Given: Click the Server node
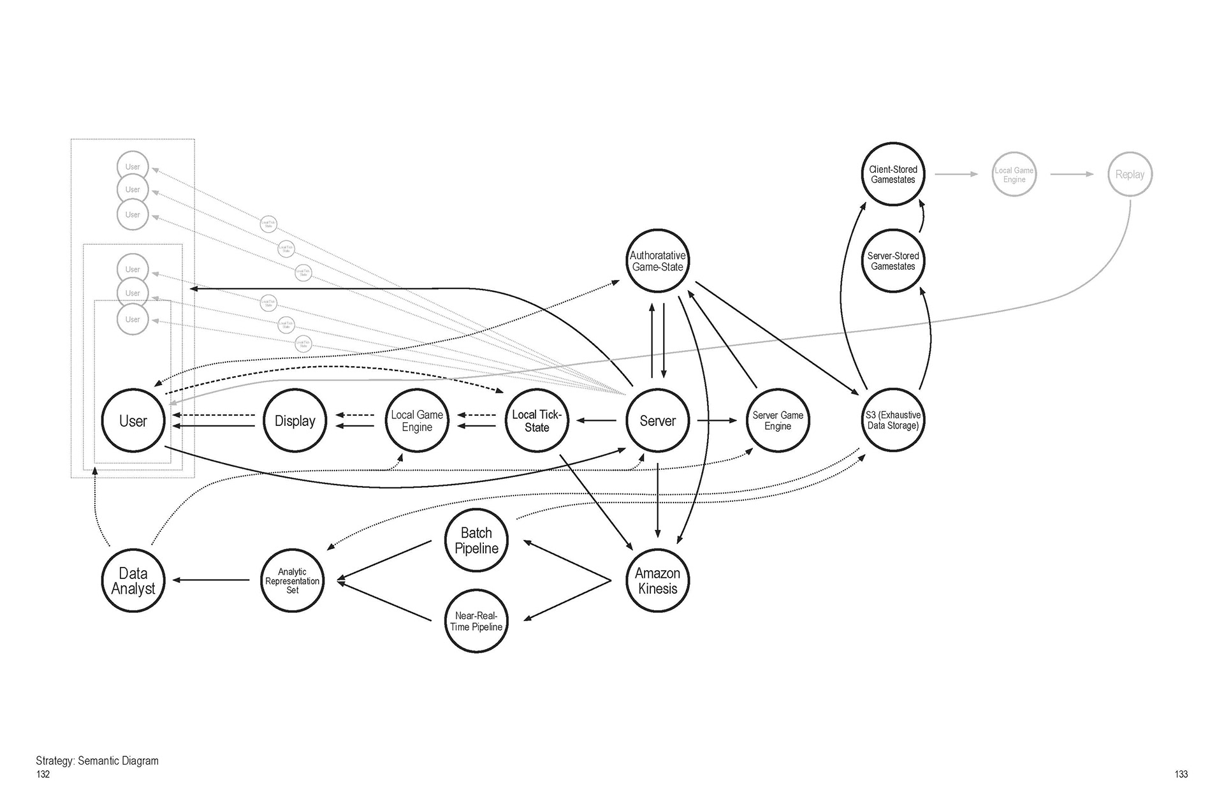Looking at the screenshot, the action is [x=657, y=421].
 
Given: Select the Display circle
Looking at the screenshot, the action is [x=295, y=421].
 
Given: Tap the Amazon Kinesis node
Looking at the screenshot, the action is [x=657, y=580].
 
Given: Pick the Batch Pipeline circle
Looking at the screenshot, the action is [x=476, y=541].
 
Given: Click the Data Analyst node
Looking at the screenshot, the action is [x=133, y=580].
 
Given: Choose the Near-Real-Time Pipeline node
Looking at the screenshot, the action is [x=476, y=621].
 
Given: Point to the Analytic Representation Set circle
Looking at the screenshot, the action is [x=292, y=580].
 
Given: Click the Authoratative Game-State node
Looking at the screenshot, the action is [x=657, y=261].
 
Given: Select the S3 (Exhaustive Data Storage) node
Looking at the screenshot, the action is [x=892, y=420].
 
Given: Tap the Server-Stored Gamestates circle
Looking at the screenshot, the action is [x=892, y=261].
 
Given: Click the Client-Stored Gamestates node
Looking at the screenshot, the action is [x=892, y=174].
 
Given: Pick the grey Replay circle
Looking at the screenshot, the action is [x=1130, y=174].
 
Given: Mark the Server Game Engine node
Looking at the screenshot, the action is [x=777, y=421].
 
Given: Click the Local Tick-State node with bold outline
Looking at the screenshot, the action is [x=536, y=421].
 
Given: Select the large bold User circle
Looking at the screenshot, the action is [x=133, y=421].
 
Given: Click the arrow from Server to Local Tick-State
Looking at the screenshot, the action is [x=596, y=421].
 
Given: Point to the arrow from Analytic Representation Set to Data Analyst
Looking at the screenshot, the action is [x=211, y=580].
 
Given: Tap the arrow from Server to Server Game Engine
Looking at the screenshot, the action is [x=717, y=421].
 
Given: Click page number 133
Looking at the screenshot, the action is [x=1181, y=774].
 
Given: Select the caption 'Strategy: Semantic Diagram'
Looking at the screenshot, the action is [x=97, y=761].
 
